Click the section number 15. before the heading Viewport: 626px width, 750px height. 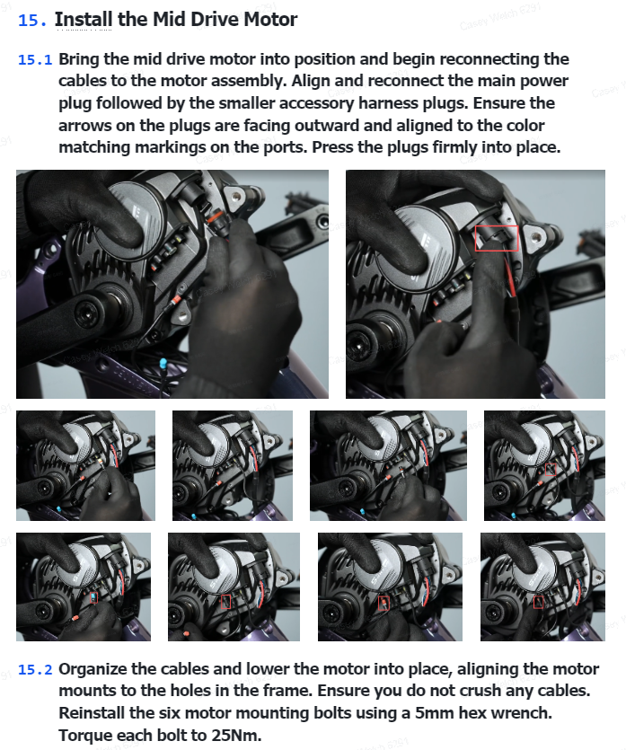(x=32, y=20)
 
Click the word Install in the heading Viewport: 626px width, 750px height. (x=84, y=20)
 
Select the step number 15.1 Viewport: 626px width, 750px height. (x=35, y=60)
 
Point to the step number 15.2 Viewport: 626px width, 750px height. (x=35, y=670)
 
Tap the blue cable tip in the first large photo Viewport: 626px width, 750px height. (x=163, y=363)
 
